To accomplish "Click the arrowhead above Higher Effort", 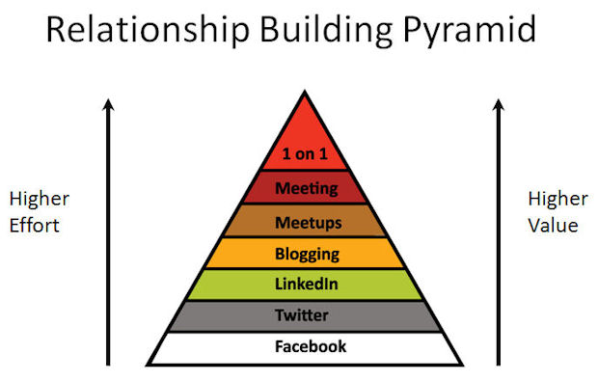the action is click(109, 101).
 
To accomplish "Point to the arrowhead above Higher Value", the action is click(498, 101).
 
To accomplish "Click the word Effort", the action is click(34, 227).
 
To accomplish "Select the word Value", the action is click(553, 226).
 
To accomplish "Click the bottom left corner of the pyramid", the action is click(146, 365).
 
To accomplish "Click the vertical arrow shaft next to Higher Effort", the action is click(109, 241).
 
